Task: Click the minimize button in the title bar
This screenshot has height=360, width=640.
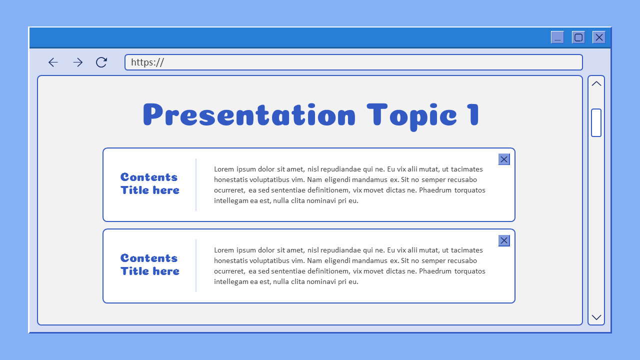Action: [557, 37]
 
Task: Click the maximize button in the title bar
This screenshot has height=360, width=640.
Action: [578, 37]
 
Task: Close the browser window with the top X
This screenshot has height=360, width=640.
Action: [599, 37]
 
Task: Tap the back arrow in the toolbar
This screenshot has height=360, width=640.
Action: [53, 62]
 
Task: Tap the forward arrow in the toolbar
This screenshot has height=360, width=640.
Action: [77, 62]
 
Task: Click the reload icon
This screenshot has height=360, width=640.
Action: [101, 62]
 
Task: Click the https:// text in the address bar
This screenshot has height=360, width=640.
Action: [147, 62]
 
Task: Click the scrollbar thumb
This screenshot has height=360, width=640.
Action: [596, 122]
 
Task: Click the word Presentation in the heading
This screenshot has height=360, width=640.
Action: [249, 115]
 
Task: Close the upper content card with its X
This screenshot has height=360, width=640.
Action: [504, 159]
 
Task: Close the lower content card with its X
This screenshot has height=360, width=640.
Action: [504, 240]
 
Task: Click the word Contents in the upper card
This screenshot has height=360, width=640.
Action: [149, 177]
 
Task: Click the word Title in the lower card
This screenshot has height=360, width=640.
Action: [134, 271]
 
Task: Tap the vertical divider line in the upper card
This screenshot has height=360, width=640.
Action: [196, 185]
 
